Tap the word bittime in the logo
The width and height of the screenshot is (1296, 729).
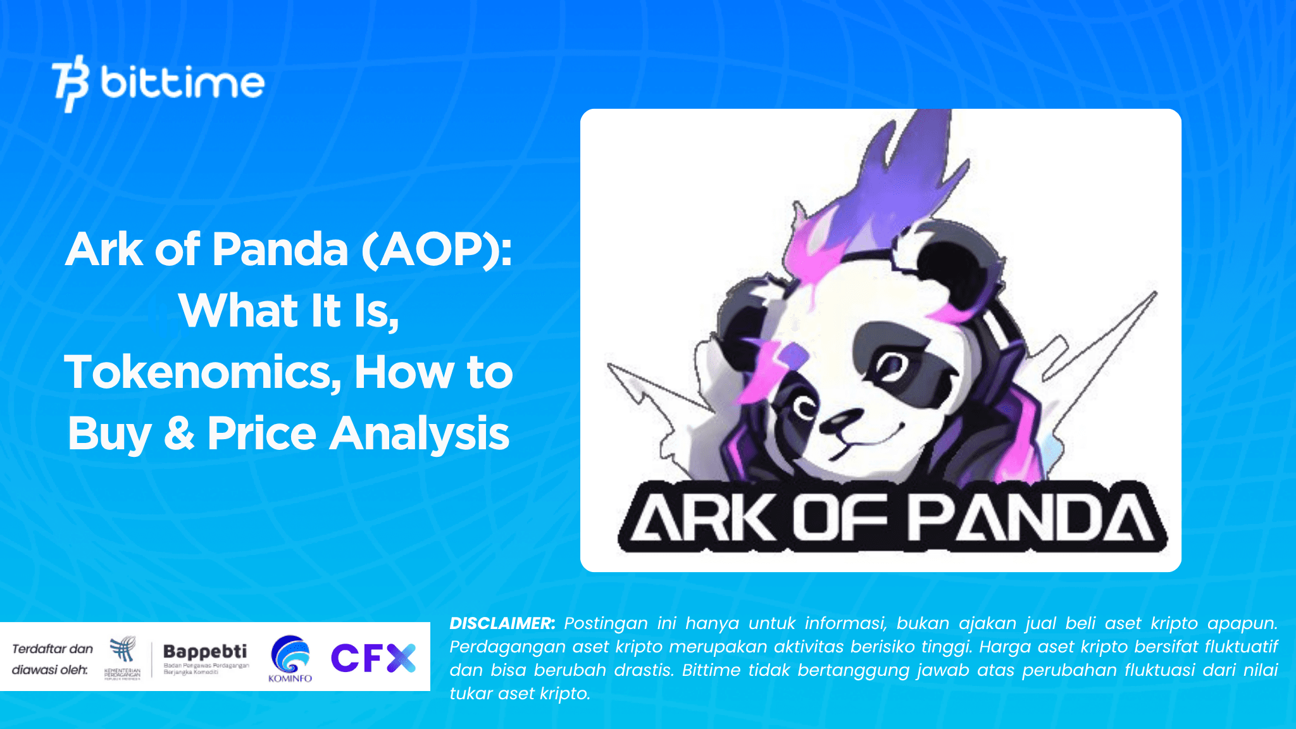[x=182, y=83]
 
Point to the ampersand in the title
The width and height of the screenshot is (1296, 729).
[x=179, y=434]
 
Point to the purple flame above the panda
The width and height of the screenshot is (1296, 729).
[x=911, y=171]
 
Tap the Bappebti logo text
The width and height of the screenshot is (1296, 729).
[x=205, y=651]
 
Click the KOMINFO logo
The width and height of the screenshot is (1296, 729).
[x=290, y=658]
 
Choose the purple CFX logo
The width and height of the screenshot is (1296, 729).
[x=373, y=657]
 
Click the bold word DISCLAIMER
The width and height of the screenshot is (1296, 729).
[x=502, y=623]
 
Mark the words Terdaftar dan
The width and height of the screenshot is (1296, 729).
[x=53, y=649]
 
